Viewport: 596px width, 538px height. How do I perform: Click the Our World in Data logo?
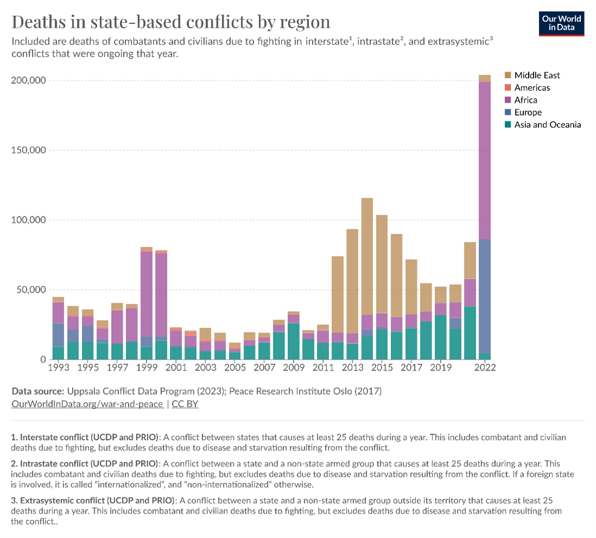click(561, 23)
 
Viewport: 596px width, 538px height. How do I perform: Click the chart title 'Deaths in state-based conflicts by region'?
click(171, 22)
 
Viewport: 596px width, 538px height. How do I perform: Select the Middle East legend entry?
click(537, 76)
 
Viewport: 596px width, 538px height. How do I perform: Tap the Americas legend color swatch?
click(508, 88)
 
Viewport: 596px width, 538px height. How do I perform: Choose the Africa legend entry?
click(525, 100)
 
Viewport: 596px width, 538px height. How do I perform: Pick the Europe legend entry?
click(528, 112)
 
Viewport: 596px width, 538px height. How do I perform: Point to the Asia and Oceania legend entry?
click(547, 125)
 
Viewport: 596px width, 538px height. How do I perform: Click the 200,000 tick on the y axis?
click(28, 80)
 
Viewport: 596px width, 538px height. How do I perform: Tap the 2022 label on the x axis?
click(484, 367)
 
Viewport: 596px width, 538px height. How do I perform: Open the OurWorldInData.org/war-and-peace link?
click(87, 404)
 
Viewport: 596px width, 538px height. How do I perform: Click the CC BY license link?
click(185, 404)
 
